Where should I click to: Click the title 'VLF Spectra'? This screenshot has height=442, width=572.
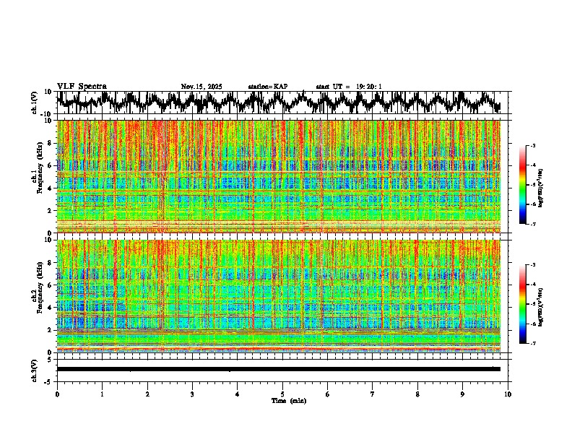[82, 87]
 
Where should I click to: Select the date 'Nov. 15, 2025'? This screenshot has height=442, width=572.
[201, 87]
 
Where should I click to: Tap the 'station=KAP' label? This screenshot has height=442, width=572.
[267, 87]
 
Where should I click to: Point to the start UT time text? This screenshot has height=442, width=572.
[349, 87]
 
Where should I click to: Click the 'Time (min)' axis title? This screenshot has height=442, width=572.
[288, 400]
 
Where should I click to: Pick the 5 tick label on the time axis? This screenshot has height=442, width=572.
[282, 394]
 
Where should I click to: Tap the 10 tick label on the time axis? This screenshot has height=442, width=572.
[508, 394]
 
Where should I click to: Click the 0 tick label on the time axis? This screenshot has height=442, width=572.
[57, 394]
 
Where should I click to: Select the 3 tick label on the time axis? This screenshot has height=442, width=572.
[192, 394]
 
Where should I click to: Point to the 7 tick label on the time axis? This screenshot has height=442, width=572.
[373, 394]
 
